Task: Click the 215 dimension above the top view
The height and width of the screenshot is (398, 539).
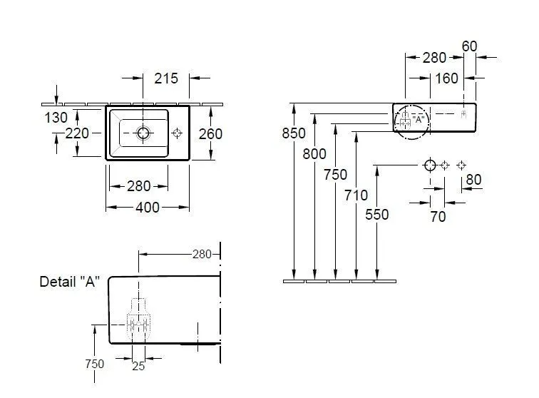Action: [167, 78]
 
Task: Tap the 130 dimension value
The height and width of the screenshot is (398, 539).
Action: [57, 117]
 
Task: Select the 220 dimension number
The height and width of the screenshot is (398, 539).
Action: [77, 133]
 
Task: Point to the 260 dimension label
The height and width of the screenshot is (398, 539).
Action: [211, 133]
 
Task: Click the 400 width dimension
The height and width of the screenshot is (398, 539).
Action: [147, 208]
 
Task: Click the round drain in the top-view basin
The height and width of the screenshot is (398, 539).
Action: [143, 132]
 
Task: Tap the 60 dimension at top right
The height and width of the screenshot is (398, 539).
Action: [469, 46]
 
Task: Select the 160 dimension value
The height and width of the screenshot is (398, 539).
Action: [446, 78]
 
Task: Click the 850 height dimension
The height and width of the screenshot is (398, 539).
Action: [294, 133]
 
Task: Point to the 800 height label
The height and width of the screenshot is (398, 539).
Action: [314, 153]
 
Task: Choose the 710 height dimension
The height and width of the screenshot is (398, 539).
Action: [356, 195]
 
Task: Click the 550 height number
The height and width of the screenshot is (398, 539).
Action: [376, 213]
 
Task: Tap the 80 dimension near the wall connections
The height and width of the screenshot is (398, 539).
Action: [473, 180]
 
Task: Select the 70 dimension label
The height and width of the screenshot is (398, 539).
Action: [438, 215]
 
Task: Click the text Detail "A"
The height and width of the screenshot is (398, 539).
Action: [69, 282]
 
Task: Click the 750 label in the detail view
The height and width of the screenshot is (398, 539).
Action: [93, 364]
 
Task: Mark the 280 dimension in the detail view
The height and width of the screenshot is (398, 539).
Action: [202, 253]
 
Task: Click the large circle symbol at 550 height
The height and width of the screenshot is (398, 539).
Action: [430, 165]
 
